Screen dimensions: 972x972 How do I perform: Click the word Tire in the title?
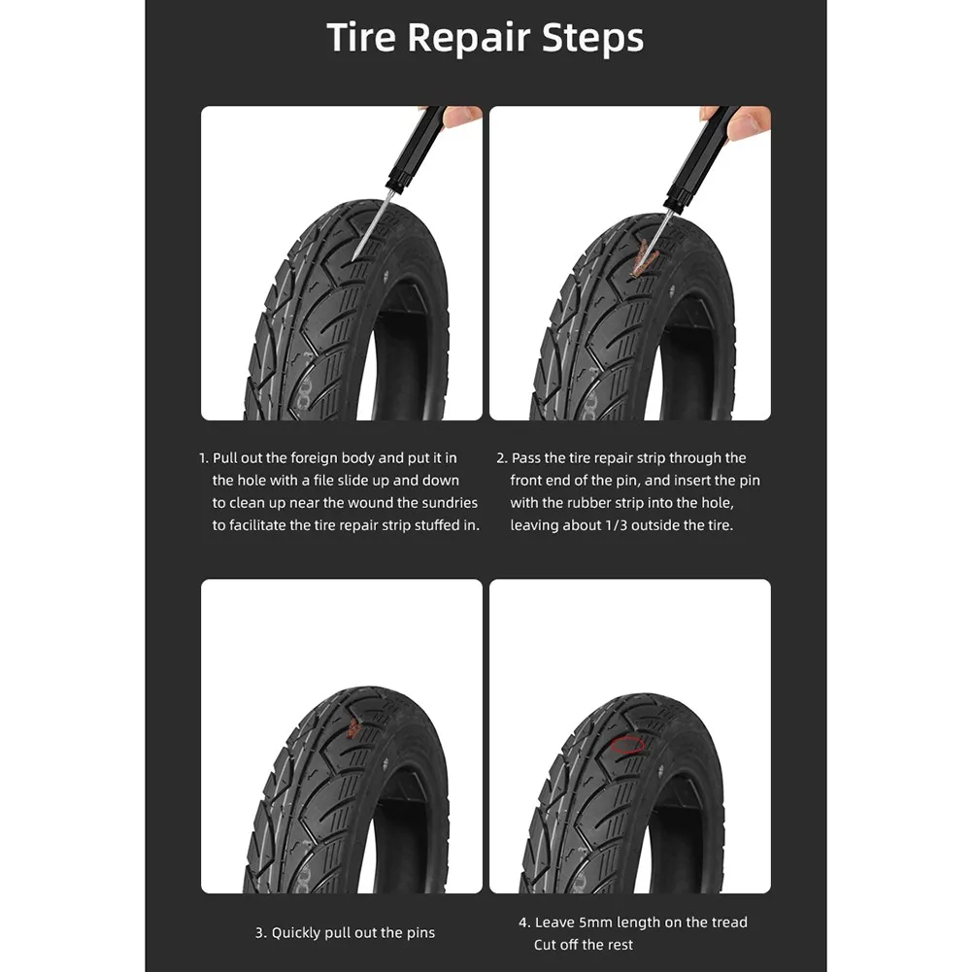361,39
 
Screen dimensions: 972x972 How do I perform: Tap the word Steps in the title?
593,39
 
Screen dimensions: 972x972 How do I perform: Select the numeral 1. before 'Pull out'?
204,457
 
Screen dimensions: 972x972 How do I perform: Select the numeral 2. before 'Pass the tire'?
501,457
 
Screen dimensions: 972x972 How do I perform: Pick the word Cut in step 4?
546,945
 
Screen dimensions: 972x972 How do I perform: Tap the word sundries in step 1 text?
450,503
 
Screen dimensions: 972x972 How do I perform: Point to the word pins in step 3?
420,933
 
